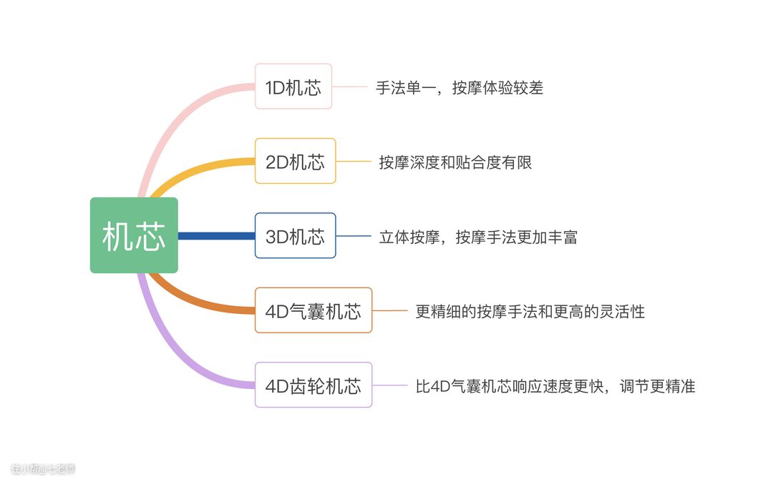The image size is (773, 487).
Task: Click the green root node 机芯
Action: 134,235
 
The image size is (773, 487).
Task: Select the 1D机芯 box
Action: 293,87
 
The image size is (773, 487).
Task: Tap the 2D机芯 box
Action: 295,161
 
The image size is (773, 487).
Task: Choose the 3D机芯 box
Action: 295,235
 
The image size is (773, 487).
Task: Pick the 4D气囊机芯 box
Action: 313,310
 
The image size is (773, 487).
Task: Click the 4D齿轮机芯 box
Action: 313,385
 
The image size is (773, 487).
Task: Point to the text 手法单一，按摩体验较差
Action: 460,87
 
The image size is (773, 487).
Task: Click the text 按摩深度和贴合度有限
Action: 455,162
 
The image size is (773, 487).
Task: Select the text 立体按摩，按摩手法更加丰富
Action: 478,236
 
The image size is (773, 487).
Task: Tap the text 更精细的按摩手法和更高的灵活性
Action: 530,311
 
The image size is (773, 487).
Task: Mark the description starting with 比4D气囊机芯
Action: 555,386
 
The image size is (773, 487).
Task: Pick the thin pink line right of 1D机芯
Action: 350,87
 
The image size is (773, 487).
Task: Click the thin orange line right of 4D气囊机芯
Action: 389,310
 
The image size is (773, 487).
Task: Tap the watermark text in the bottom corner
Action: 43,469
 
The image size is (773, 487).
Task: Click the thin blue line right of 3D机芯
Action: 353,235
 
